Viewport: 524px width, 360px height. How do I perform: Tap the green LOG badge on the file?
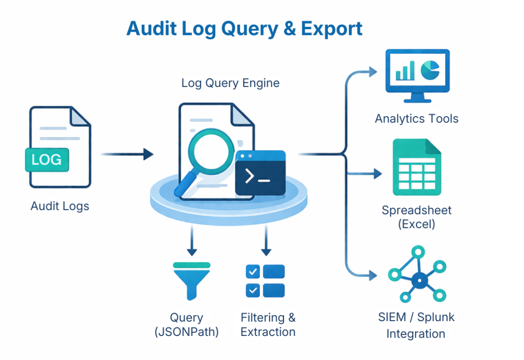point(47,160)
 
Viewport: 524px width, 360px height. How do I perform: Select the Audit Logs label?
point(60,207)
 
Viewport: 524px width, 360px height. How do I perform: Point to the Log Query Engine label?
point(230,83)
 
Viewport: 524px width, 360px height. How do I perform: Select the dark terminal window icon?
point(260,173)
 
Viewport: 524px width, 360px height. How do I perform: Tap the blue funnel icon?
point(191,280)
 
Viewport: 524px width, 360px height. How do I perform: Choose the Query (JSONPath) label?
point(186,325)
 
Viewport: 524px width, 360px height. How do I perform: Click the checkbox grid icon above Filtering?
point(265,280)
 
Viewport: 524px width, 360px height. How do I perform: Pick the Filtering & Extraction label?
point(268,325)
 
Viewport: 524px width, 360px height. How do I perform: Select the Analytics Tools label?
point(417,119)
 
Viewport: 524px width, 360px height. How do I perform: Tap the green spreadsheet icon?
point(417,167)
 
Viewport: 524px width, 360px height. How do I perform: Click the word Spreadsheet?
point(417,210)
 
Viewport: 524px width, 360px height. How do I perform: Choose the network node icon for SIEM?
point(418,279)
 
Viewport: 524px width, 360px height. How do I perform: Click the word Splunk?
point(435,317)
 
